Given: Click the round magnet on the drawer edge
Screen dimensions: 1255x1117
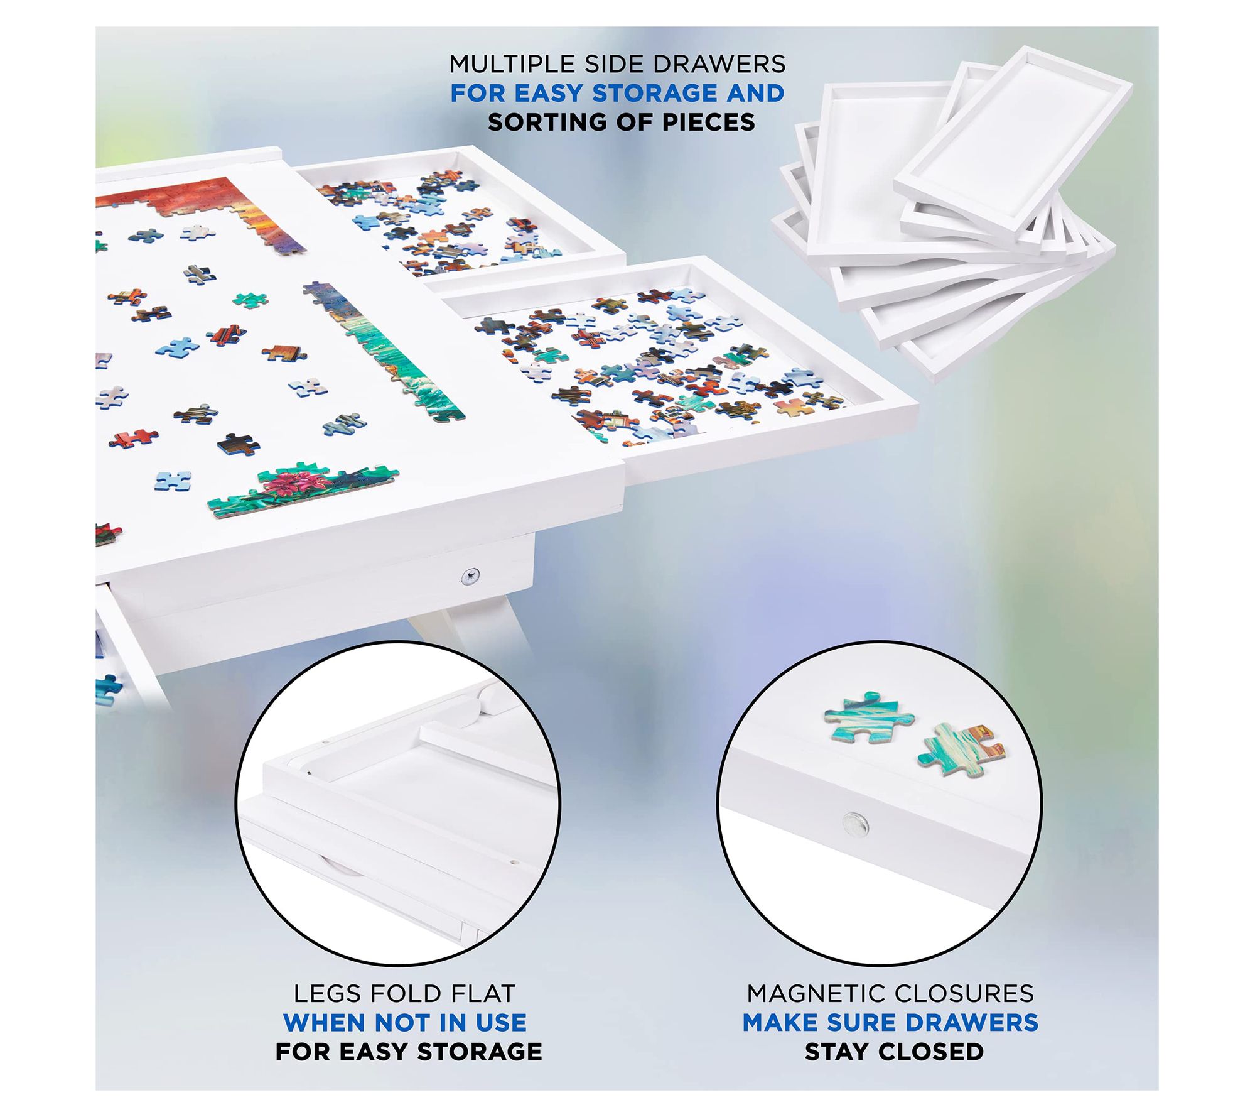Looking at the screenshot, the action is point(854,820).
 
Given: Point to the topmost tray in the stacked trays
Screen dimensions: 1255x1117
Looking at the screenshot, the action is point(1013,139).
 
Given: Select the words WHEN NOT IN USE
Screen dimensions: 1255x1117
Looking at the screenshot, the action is point(405,1023).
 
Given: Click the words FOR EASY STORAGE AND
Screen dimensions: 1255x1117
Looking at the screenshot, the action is point(618,93).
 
